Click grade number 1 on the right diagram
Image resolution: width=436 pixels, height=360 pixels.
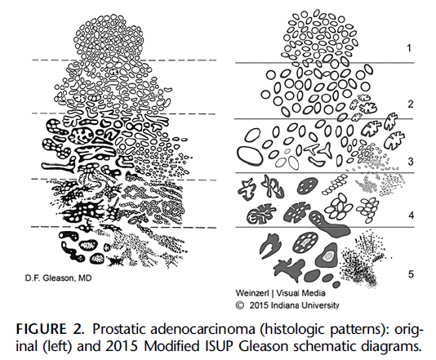409,48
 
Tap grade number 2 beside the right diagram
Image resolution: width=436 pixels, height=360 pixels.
411,104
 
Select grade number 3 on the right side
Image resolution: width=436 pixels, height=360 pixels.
411,162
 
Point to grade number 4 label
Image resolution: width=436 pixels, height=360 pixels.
412,216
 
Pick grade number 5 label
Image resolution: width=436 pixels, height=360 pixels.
411,274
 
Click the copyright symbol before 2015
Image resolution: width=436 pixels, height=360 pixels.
239,305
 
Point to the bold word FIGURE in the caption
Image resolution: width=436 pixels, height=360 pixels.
41,330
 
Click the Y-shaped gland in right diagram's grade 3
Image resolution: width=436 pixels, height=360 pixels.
325,151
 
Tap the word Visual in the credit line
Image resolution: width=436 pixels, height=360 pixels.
289,293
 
